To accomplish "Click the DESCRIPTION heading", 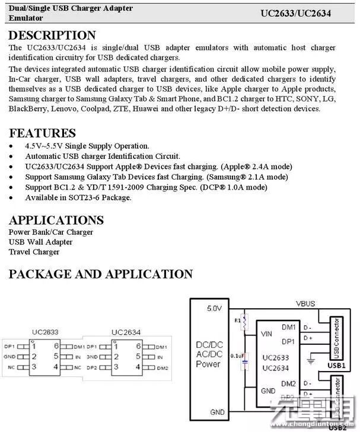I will tap(52, 36).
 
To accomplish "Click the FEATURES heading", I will tap(42, 133).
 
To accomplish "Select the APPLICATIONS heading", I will tap(56, 220).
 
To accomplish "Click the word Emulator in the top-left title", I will tap(26, 18).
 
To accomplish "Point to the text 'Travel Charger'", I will tap(34, 252).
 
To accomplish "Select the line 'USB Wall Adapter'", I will tap(40, 242).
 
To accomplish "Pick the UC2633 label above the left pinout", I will tap(45, 332).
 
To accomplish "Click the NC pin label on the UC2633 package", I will tap(11, 367).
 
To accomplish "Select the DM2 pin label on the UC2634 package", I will tap(162, 367).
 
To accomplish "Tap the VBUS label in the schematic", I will tap(306, 304).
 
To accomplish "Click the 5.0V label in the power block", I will tap(214, 309).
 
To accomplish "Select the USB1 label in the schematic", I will tap(336, 366).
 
